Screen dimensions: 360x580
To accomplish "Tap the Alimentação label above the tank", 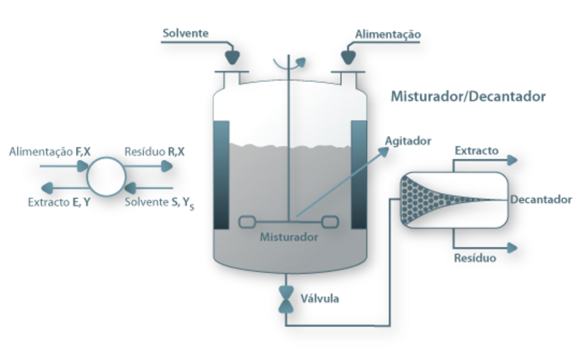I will pos(388,34).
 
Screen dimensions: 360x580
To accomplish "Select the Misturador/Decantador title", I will pos(468,97).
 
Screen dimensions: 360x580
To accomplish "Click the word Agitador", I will pos(408,141).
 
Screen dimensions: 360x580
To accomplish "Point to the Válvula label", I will pos(320,299).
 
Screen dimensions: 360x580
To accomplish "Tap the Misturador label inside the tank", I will pos(289,237).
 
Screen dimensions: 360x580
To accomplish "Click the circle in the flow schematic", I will pos(106,176).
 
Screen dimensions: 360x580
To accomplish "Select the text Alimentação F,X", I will pos(50,152).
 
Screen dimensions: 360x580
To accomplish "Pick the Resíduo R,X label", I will pos(154,152).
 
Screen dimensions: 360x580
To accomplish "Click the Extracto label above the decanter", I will pos(476,150).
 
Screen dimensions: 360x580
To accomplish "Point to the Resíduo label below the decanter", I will pos(475,258).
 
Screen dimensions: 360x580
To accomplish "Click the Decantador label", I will pos(541,200).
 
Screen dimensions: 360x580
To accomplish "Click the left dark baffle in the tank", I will pos(221,175).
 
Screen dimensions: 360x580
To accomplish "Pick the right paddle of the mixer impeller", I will pos(330,221).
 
